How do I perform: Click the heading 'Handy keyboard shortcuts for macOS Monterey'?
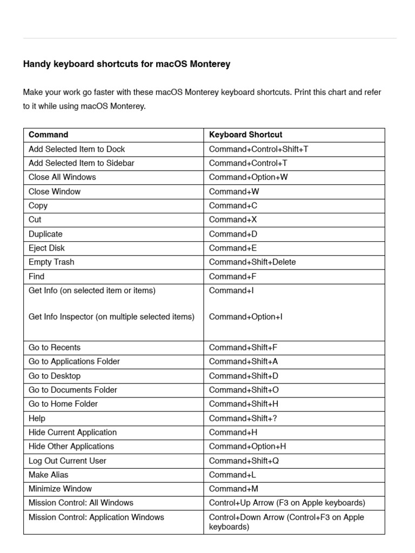(x=126, y=64)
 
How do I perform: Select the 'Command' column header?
(x=49, y=134)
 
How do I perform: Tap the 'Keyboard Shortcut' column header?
(x=245, y=134)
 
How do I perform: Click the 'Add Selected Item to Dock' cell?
(x=77, y=149)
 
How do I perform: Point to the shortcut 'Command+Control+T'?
(x=248, y=163)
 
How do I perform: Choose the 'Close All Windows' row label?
(x=62, y=177)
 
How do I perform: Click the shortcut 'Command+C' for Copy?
(x=233, y=206)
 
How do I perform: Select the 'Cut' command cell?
(x=35, y=220)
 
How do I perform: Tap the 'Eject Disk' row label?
(x=46, y=248)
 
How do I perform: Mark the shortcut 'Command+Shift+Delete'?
(x=252, y=262)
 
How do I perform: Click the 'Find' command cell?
(x=37, y=276)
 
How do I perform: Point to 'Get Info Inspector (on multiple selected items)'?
(x=111, y=317)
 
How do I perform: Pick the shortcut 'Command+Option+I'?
(x=245, y=317)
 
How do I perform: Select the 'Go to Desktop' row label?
(x=55, y=376)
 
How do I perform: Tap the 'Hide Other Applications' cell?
(x=71, y=447)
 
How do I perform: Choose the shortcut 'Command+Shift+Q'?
(x=244, y=461)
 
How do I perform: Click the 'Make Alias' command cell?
(x=49, y=475)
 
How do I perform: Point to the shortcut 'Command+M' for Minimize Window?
(x=233, y=489)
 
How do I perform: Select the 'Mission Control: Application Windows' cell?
(x=96, y=517)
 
